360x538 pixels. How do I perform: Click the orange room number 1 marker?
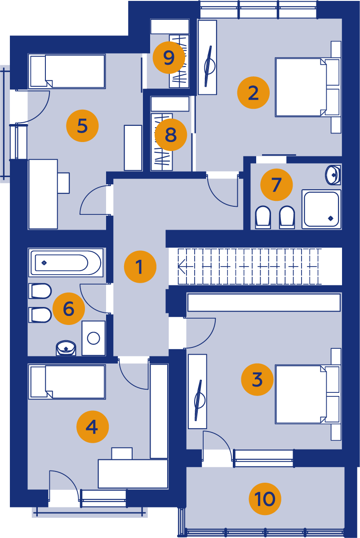pos(140,267)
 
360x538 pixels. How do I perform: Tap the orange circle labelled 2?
pos(253,93)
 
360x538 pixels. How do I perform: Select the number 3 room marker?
pos(258,379)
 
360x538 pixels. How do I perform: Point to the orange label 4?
pos(92,427)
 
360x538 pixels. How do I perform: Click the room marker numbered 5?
pos(82,125)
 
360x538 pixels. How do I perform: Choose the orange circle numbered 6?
pos(69,308)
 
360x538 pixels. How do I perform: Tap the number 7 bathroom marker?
pos(276,185)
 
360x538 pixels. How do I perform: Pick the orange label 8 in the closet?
pos(171,134)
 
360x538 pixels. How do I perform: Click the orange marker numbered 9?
pos(169,57)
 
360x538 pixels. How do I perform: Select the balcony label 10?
pos(265,498)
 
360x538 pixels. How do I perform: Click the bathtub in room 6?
pos(66,263)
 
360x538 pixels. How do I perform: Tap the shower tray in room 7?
pos(321,209)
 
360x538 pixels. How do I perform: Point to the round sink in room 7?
pos(333,174)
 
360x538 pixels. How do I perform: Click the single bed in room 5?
pos(67,71)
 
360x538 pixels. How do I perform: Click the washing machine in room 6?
pos(93,338)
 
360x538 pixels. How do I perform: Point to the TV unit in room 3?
pos(198,391)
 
